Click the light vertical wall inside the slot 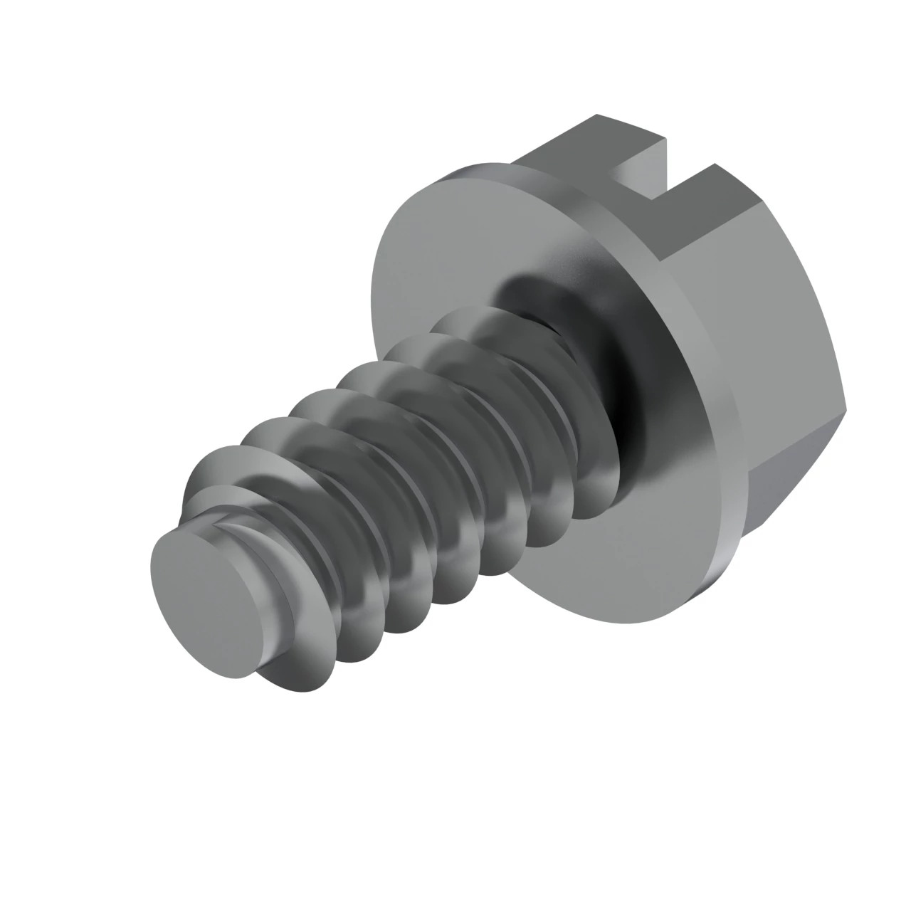[x=644, y=167]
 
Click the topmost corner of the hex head [x=596, y=115]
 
